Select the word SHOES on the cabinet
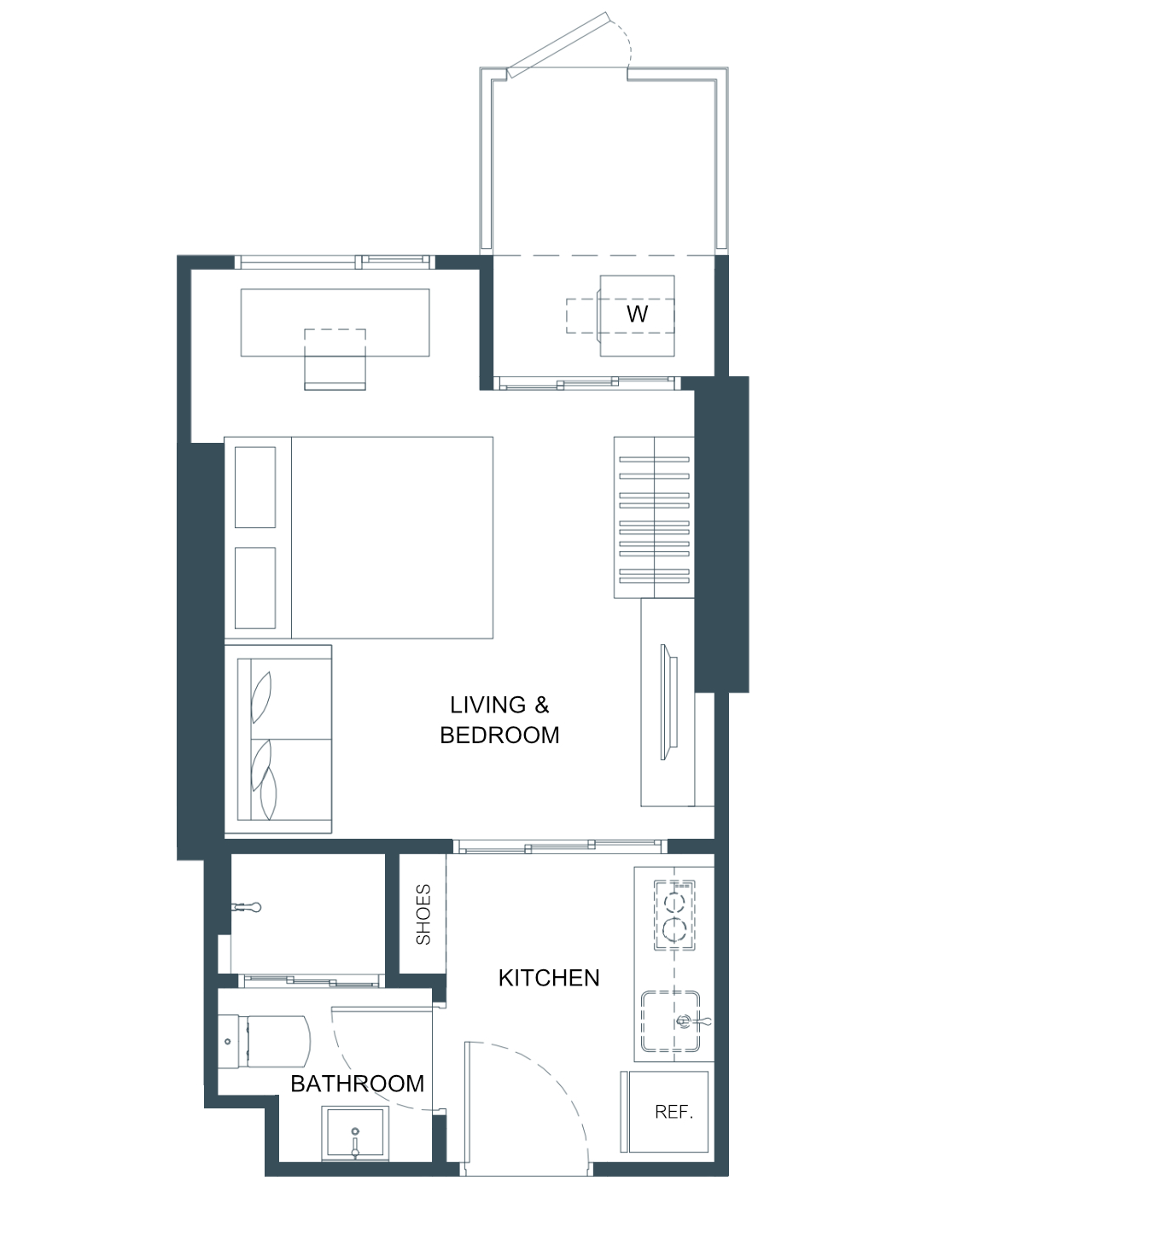pyautogui.click(x=423, y=914)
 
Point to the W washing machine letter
pyautogui.click(x=637, y=314)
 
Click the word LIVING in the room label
pyautogui.click(x=488, y=705)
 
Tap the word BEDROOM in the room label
pyautogui.click(x=499, y=735)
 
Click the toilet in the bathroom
pyautogui.click(x=264, y=1041)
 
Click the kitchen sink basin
pyautogui.click(x=670, y=1021)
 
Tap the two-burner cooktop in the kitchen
pyautogui.click(x=674, y=915)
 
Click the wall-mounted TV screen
pyautogui.click(x=668, y=702)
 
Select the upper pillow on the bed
pyautogui.click(x=255, y=487)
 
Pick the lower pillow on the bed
pyautogui.click(x=255, y=588)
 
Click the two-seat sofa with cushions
pyautogui.click(x=278, y=739)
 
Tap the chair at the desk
pyautogui.click(x=335, y=358)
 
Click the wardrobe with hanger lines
pyautogui.click(x=653, y=517)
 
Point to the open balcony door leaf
pyautogui.click(x=557, y=44)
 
